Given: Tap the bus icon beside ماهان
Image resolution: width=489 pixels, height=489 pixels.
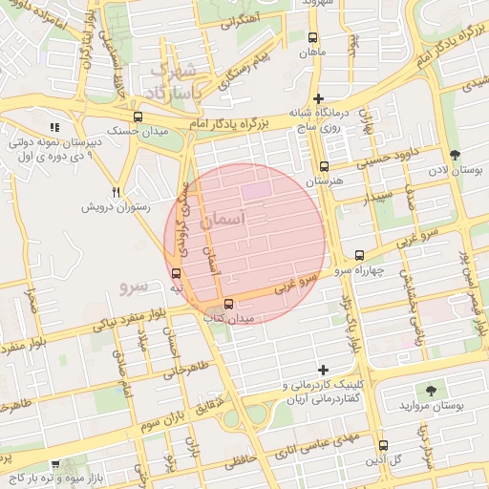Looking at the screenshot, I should pos(313,38).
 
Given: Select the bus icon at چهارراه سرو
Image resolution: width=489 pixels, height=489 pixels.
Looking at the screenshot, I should pos(359,255).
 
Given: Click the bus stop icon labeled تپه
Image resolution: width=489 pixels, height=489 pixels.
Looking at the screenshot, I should pos(175,273).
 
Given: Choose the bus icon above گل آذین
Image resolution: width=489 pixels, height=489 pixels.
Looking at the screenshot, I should pos(383,445).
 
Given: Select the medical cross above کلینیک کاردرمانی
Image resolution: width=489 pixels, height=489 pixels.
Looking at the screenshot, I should pos(323,370).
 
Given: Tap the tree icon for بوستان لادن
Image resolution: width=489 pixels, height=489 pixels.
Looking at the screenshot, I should pos(454,155).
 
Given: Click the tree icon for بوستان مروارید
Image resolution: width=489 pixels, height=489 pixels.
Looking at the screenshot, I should pos(431,390).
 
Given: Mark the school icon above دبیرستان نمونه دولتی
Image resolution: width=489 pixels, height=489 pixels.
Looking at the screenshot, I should pos(53,126).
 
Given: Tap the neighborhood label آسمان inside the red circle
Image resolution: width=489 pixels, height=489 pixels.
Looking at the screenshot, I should pos(223,219).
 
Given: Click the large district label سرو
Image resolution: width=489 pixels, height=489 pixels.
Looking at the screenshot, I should pos(134,286).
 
